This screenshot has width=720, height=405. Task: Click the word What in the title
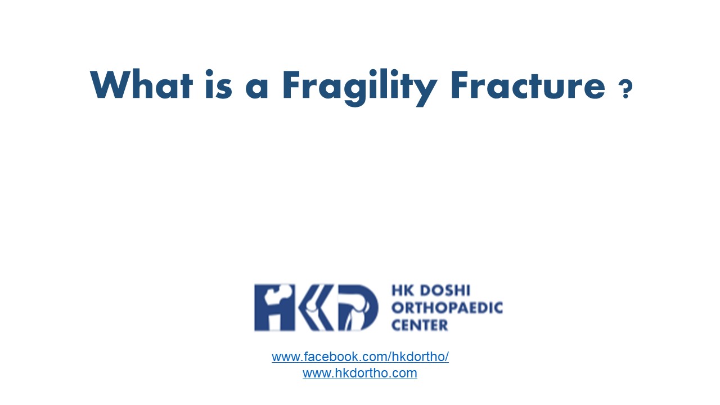point(141,85)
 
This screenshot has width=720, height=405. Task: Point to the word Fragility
point(359,86)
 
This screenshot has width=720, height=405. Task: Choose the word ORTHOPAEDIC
point(447,308)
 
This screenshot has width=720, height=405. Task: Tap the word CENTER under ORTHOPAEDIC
point(420,325)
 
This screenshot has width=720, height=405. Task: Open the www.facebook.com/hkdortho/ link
point(360,357)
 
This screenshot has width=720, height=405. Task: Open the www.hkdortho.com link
point(360,373)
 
